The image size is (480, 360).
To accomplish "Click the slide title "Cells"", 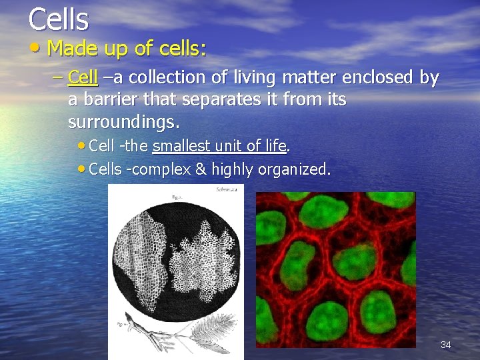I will pyautogui.click(x=58, y=19).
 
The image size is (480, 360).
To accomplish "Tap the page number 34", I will pyautogui.click(x=445, y=345).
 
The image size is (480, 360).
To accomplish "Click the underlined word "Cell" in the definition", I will pyautogui.click(x=83, y=78).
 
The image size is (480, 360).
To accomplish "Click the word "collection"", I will pyautogui.click(x=169, y=78).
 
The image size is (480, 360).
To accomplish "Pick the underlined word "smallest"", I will pyautogui.click(x=182, y=146).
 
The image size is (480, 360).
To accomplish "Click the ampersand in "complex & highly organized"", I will pyautogui.click(x=200, y=169).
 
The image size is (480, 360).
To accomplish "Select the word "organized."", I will pyautogui.click(x=293, y=169).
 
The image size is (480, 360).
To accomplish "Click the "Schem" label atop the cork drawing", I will pyautogui.click(x=224, y=190).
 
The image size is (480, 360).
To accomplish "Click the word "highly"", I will pyautogui.click(x=233, y=169).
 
